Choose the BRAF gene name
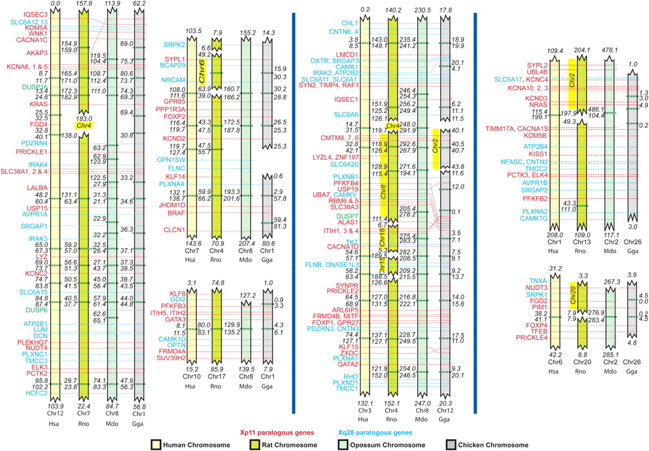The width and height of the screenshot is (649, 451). [x=177, y=212]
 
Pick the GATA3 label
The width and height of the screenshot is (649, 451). [x=175, y=319]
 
